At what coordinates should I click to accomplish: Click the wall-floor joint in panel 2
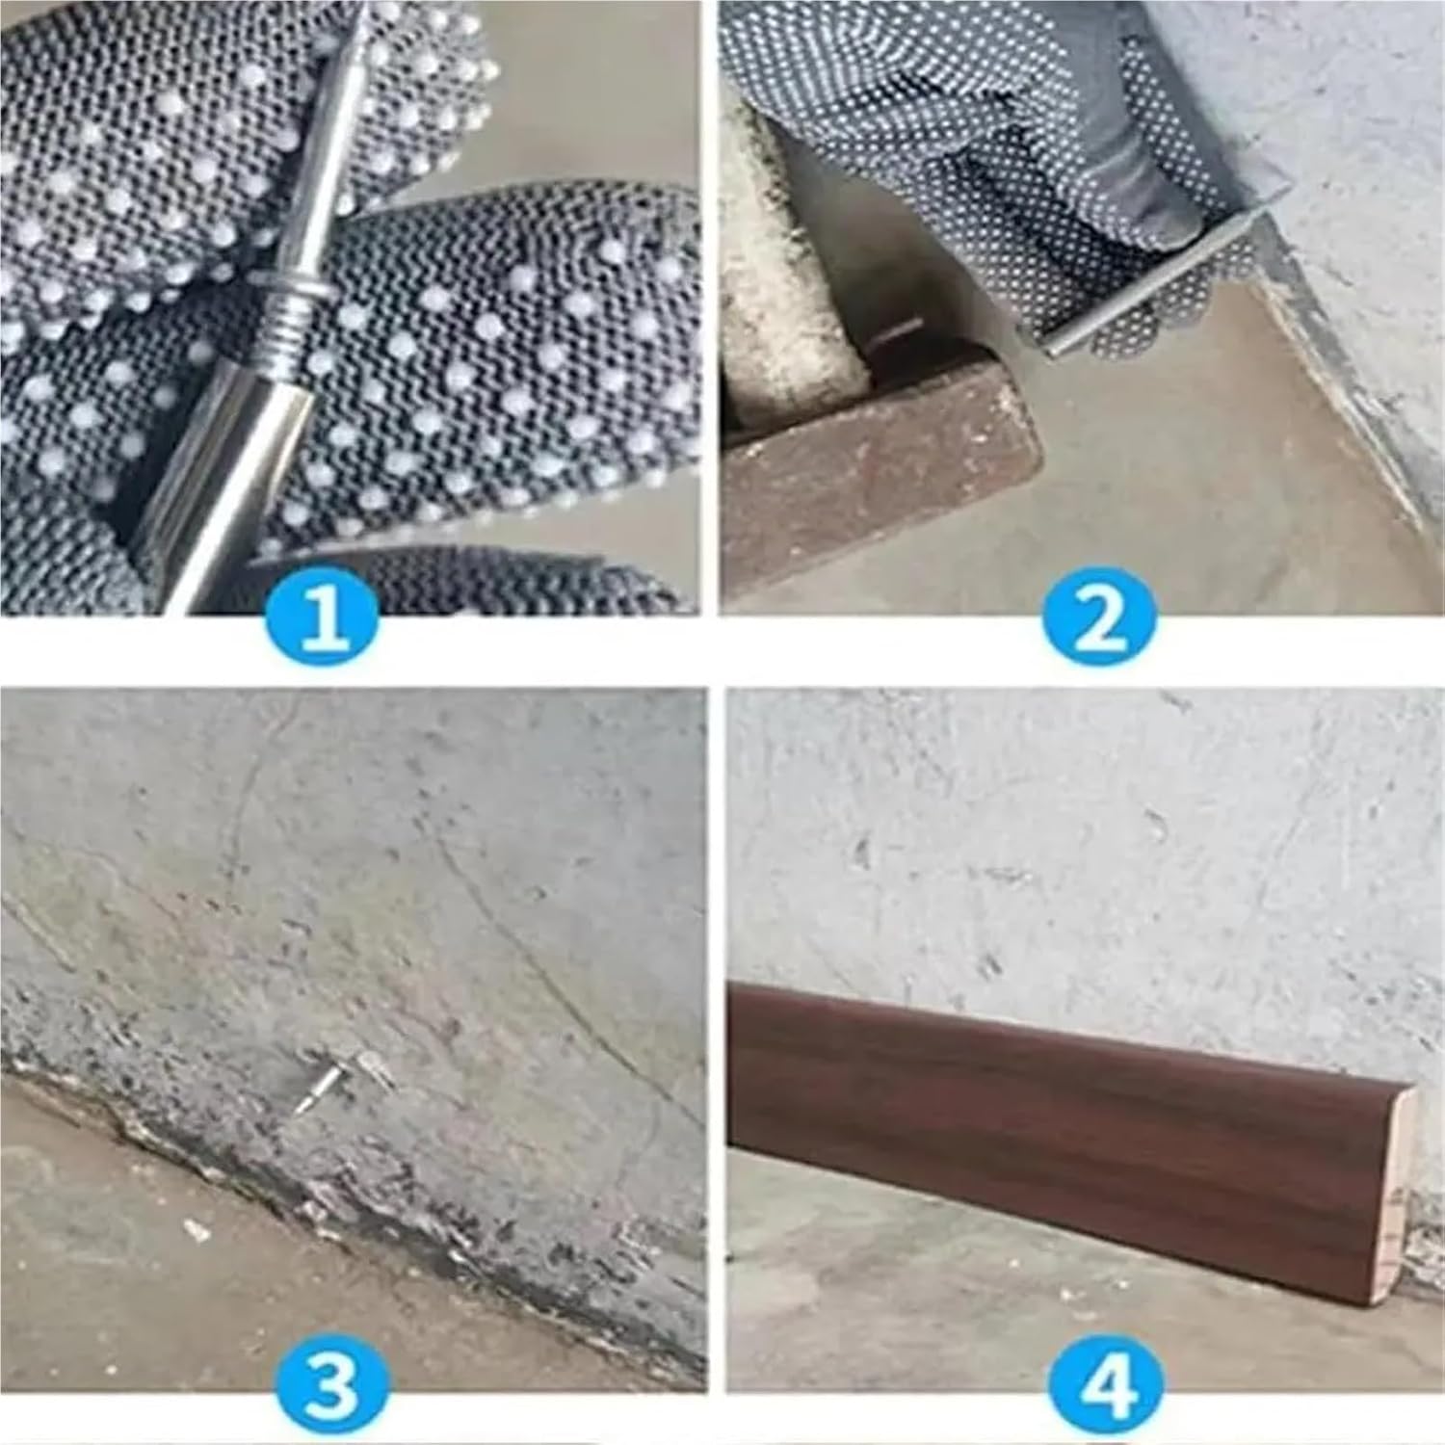click(1349, 385)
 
